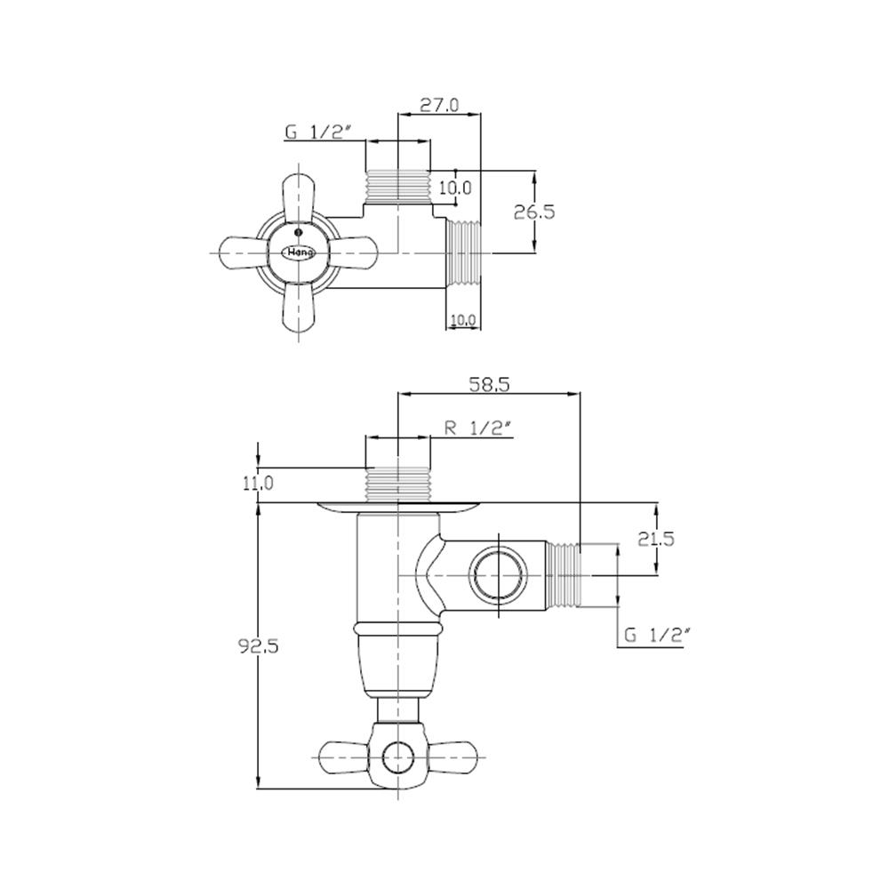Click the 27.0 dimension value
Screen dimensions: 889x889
[x=439, y=105]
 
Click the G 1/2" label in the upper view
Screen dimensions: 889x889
[x=318, y=132]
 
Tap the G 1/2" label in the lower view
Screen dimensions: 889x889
[x=658, y=636]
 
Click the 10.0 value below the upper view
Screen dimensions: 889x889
[x=464, y=320]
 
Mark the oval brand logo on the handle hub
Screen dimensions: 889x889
[x=297, y=253]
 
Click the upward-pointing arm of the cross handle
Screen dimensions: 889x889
[x=298, y=197]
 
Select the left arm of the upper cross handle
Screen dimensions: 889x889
[x=243, y=252]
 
